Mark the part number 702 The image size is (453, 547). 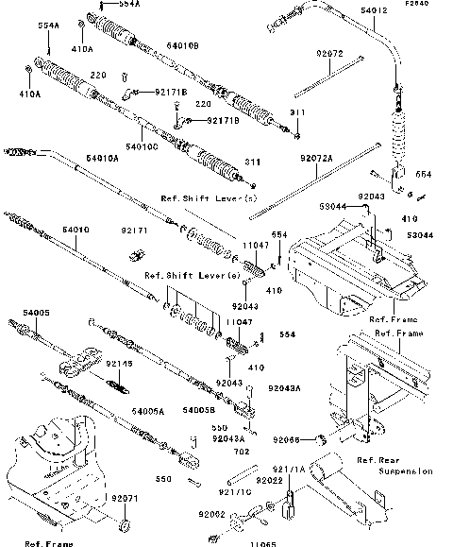coord(230,453)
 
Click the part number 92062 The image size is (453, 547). coord(212,513)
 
